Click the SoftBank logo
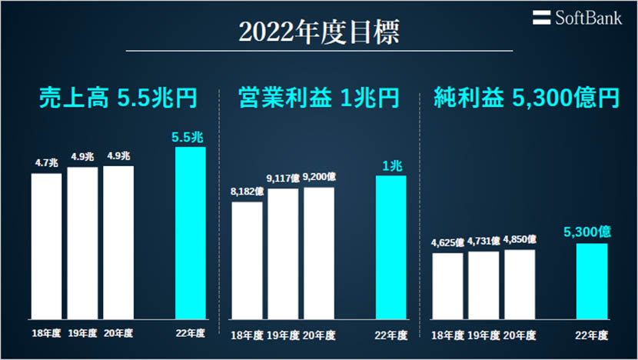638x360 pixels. click(578, 17)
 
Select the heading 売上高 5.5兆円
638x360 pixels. click(118, 98)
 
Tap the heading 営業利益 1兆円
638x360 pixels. click(319, 98)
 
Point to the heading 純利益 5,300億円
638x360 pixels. click(526, 98)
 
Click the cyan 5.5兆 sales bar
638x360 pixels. click(191, 232)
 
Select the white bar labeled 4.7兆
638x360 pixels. click(47, 245)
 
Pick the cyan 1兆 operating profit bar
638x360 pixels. click(391, 247)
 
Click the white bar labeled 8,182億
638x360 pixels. click(247, 260)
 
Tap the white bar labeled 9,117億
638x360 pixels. click(283, 253)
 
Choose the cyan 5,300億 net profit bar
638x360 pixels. click(592, 281)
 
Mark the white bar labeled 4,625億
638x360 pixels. click(447, 285)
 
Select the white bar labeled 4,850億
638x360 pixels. click(520, 283)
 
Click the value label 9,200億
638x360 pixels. click(318, 177)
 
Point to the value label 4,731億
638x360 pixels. click(483, 242)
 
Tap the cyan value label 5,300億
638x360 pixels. click(592, 231)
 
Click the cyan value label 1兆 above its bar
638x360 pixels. click(391, 165)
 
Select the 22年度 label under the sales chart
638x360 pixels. click(191, 333)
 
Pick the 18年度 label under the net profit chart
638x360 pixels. click(447, 335)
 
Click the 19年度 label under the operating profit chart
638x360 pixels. click(283, 335)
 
